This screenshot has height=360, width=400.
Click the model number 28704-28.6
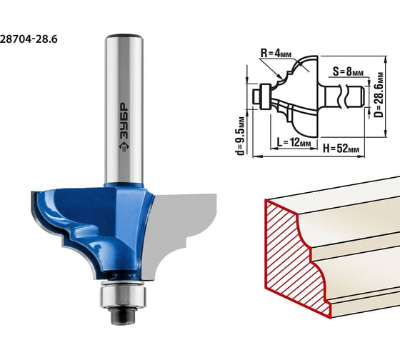[29, 39]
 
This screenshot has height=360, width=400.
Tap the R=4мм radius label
[276, 53]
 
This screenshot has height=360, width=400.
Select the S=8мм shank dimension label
[348, 71]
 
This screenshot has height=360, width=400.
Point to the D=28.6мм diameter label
[379, 95]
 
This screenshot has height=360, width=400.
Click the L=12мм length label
[294, 142]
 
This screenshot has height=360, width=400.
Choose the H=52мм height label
[341, 148]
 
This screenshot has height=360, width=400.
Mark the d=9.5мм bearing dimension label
[240, 136]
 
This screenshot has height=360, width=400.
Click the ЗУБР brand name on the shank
[124, 121]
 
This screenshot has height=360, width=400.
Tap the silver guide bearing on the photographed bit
[123, 296]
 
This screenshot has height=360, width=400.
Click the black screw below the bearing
[123, 315]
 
